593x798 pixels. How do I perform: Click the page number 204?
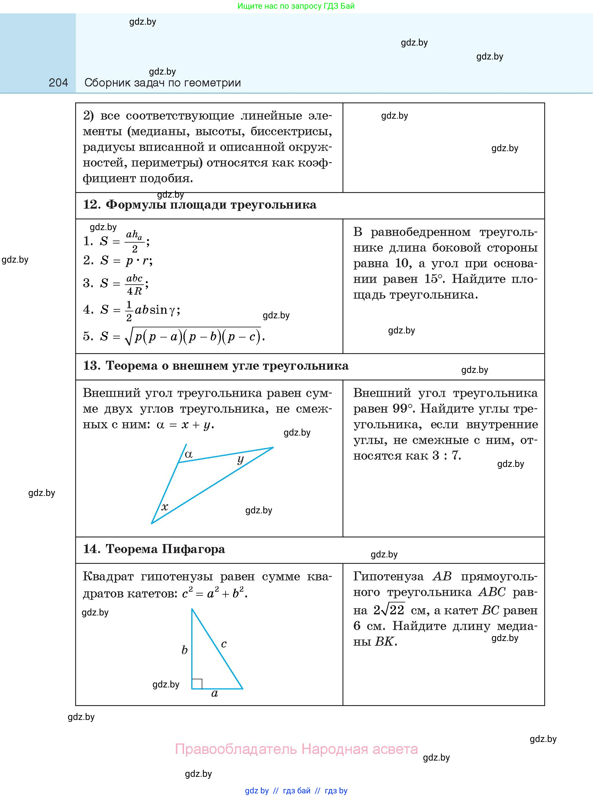point(58,83)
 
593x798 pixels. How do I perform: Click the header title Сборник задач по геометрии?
point(162,83)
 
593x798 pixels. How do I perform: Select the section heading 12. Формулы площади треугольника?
point(200,205)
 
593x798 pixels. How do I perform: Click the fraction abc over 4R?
point(135,284)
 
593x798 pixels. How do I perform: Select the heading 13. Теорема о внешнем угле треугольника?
point(216,366)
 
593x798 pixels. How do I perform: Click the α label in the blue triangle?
point(188,454)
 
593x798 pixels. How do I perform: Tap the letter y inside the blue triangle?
point(241,459)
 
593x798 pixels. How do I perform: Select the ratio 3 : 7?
point(446,455)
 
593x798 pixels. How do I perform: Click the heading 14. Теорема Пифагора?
point(154,549)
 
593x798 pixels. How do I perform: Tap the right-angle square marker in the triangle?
point(197,684)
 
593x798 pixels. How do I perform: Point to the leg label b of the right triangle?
point(185,650)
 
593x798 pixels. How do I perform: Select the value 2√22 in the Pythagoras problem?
point(389,610)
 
